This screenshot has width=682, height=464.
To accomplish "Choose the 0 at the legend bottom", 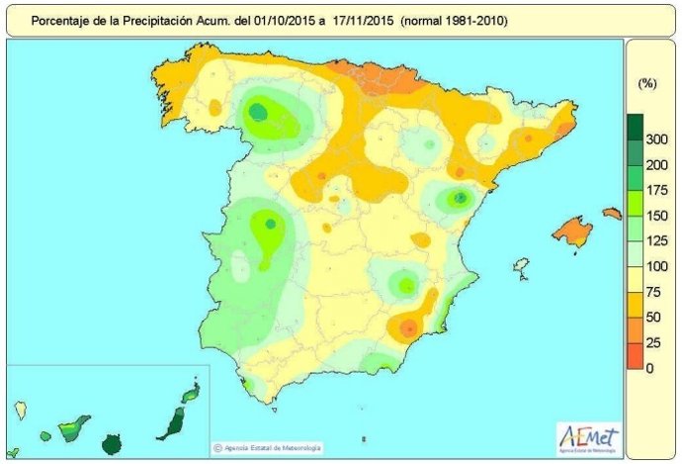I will [x=648, y=368].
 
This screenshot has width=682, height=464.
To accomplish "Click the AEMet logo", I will [x=587, y=435].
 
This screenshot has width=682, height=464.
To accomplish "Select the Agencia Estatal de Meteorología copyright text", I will [x=267, y=447].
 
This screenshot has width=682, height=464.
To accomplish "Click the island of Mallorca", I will [x=572, y=232].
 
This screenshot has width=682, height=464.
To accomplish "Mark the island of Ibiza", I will [x=519, y=266].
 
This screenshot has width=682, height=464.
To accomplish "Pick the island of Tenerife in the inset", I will [x=74, y=429].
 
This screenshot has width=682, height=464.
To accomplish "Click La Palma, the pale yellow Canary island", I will [x=19, y=407].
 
